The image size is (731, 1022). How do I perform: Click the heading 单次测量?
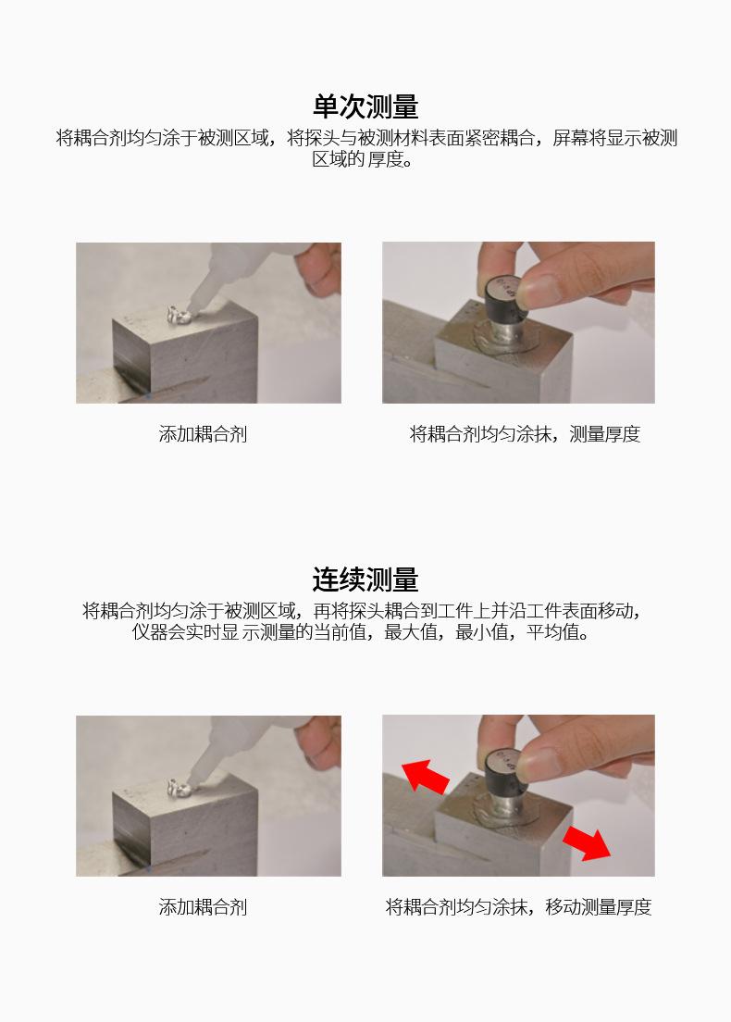point(365,106)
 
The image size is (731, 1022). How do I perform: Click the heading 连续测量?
point(365,580)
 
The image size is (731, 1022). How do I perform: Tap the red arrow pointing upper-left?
point(425,777)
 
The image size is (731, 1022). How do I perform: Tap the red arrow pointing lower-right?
point(587,842)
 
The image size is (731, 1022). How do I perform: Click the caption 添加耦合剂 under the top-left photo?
point(203,434)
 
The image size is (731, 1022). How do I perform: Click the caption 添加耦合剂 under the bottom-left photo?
point(203,906)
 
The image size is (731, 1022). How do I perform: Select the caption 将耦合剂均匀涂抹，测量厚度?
point(525,434)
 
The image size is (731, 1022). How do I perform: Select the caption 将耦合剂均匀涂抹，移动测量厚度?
point(518,906)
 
